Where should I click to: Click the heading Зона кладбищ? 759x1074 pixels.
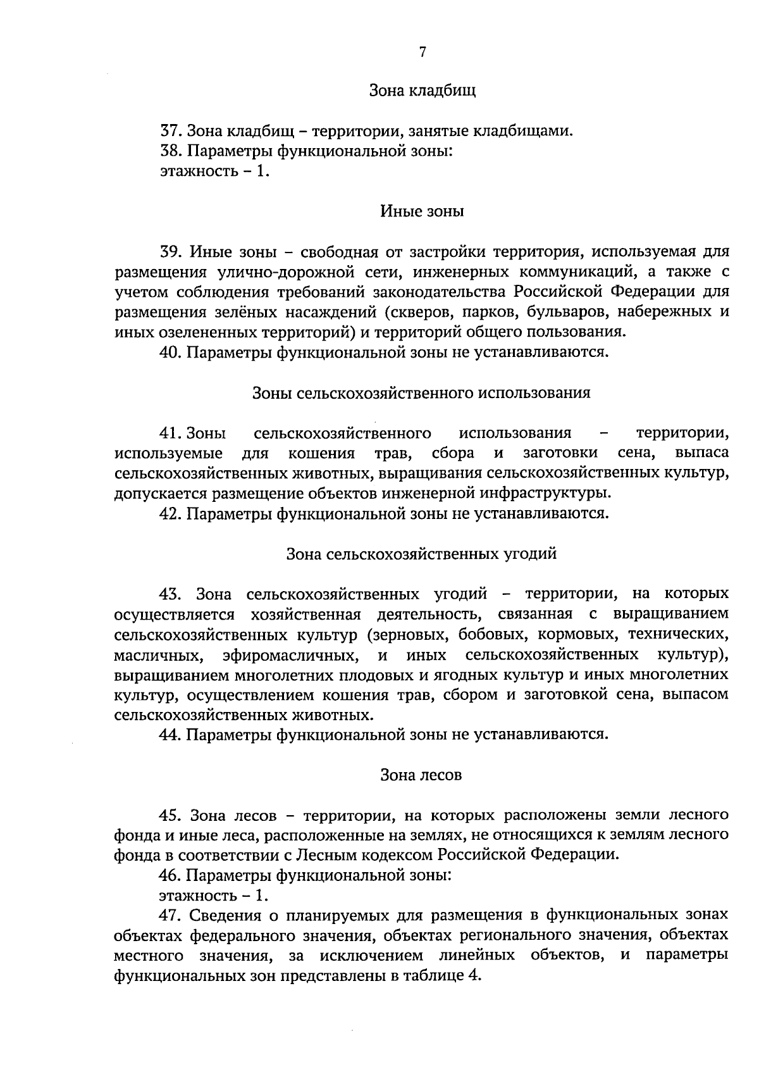[x=422, y=91]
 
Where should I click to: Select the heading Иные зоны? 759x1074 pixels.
[x=422, y=211]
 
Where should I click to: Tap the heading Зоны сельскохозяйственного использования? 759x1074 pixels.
[x=422, y=393]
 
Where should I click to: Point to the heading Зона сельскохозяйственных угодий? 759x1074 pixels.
[x=422, y=554]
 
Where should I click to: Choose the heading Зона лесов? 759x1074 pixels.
[x=422, y=775]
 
